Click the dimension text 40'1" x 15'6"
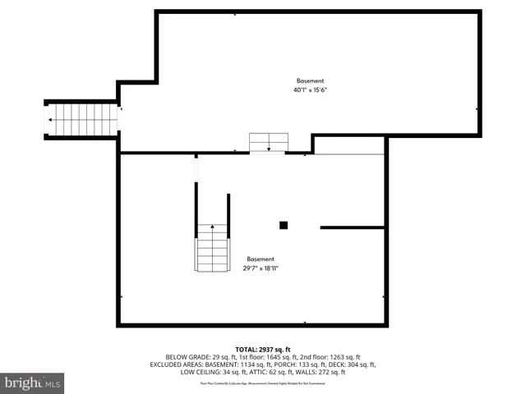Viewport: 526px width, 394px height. tap(310, 90)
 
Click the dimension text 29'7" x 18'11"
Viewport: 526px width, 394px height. tap(261, 268)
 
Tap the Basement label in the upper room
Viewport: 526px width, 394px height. tap(310, 80)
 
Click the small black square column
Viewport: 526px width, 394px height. tap(284, 225)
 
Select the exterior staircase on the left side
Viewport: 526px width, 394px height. tap(82, 120)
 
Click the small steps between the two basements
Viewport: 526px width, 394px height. tap(269, 142)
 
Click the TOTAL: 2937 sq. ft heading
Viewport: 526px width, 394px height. tap(263, 349)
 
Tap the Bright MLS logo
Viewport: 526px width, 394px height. tap(32, 383)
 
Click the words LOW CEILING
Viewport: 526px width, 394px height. tap(199, 372)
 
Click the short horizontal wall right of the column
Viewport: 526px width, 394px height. tap(353, 227)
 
